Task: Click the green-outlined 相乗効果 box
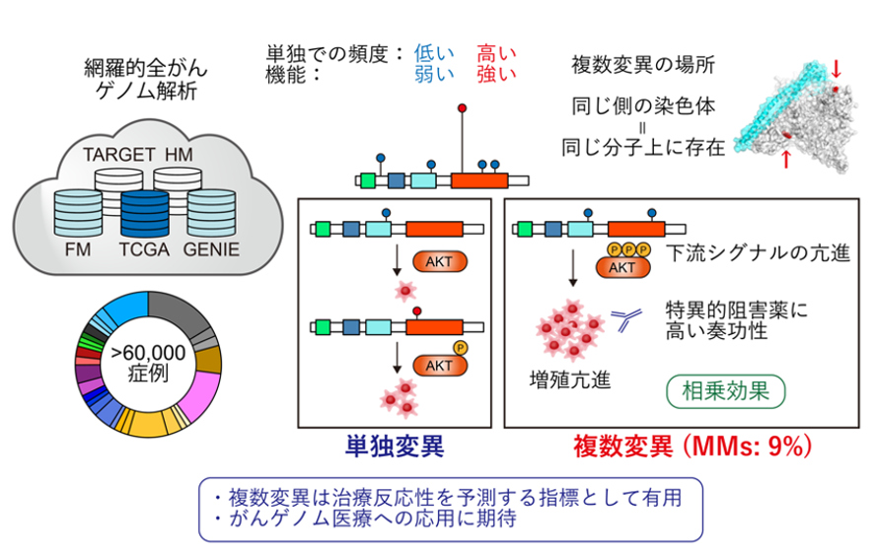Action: (726, 391)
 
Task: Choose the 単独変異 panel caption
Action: (393, 447)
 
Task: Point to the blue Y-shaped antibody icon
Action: (625, 316)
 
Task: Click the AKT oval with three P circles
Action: (622, 265)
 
